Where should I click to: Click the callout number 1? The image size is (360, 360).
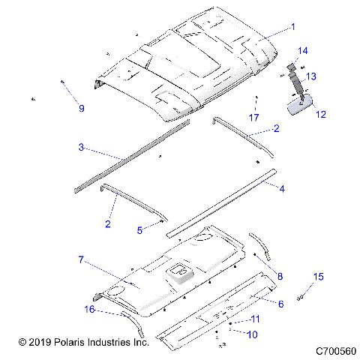(292, 25)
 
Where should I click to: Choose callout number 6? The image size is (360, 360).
(280, 304)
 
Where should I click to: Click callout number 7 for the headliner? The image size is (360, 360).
(81, 259)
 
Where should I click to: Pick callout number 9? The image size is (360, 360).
(82, 108)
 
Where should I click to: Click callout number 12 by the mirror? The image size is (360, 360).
(321, 115)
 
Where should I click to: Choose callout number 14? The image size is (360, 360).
(303, 50)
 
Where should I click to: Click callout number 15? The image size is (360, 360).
(319, 277)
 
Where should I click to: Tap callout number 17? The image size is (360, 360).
(254, 117)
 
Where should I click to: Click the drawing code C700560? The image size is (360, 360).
(334, 350)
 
